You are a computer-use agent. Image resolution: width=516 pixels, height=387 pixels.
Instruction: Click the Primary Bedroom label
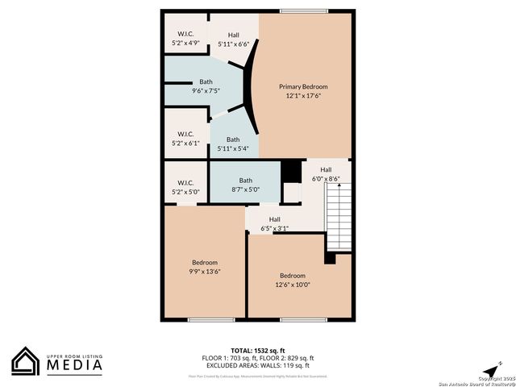click(x=303, y=86)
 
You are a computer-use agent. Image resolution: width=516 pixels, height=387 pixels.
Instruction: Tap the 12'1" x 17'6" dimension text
click(x=303, y=96)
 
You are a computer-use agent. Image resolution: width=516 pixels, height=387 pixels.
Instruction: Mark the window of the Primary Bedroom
click(x=304, y=10)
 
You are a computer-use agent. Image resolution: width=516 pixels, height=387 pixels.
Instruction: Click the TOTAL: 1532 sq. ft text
click(x=258, y=350)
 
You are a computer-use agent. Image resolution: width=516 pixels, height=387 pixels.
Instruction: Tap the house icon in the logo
click(x=26, y=362)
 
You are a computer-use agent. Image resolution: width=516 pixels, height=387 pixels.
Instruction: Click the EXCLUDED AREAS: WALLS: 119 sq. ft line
click(x=258, y=365)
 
